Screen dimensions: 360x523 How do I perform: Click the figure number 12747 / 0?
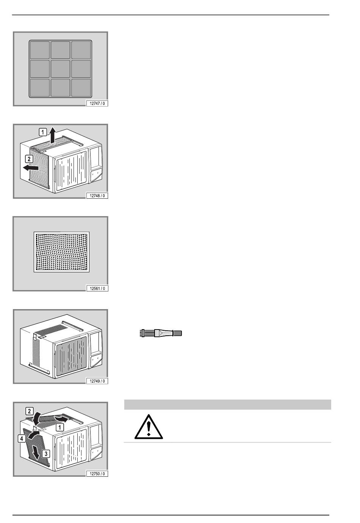click(97, 104)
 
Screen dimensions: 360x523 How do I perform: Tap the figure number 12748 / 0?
click(97, 196)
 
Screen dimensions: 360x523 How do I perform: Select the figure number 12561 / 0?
click(97, 288)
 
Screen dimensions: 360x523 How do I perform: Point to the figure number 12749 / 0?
click(97, 381)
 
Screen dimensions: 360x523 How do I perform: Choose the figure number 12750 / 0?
click(97, 474)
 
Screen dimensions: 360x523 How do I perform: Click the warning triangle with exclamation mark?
click(149, 427)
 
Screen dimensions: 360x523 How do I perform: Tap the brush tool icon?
click(161, 333)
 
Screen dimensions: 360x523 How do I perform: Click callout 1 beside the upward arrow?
click(43, 132)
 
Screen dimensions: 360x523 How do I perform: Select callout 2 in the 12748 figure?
click(29, 159)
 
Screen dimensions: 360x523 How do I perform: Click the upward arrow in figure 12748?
click(53, 135)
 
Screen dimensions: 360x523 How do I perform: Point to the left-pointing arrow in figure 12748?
click(31, 168)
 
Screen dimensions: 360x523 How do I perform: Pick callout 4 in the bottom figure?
click(22, 438)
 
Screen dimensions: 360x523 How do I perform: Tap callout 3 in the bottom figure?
click(46, 454)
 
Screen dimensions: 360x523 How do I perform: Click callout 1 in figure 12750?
click(60, 427)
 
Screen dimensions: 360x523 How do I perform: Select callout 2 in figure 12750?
click(30, 411)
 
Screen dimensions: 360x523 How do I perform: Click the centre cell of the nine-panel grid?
click(60, 69)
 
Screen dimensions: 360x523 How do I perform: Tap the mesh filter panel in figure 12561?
click(62, 252)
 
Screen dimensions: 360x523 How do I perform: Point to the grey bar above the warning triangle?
click(227, 405)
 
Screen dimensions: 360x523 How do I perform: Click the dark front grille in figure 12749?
click(71, 356)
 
